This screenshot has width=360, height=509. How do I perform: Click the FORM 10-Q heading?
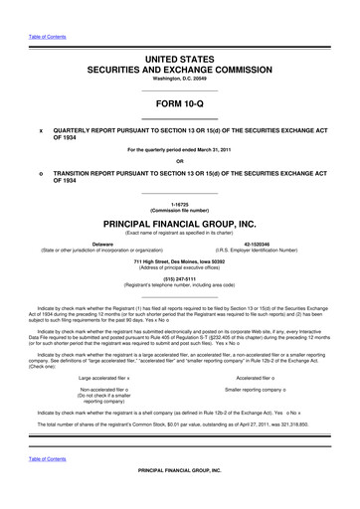point(179,102)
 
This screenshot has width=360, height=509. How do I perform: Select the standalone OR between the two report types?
point(179,161)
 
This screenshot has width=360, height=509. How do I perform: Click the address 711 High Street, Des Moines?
point(179,259)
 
